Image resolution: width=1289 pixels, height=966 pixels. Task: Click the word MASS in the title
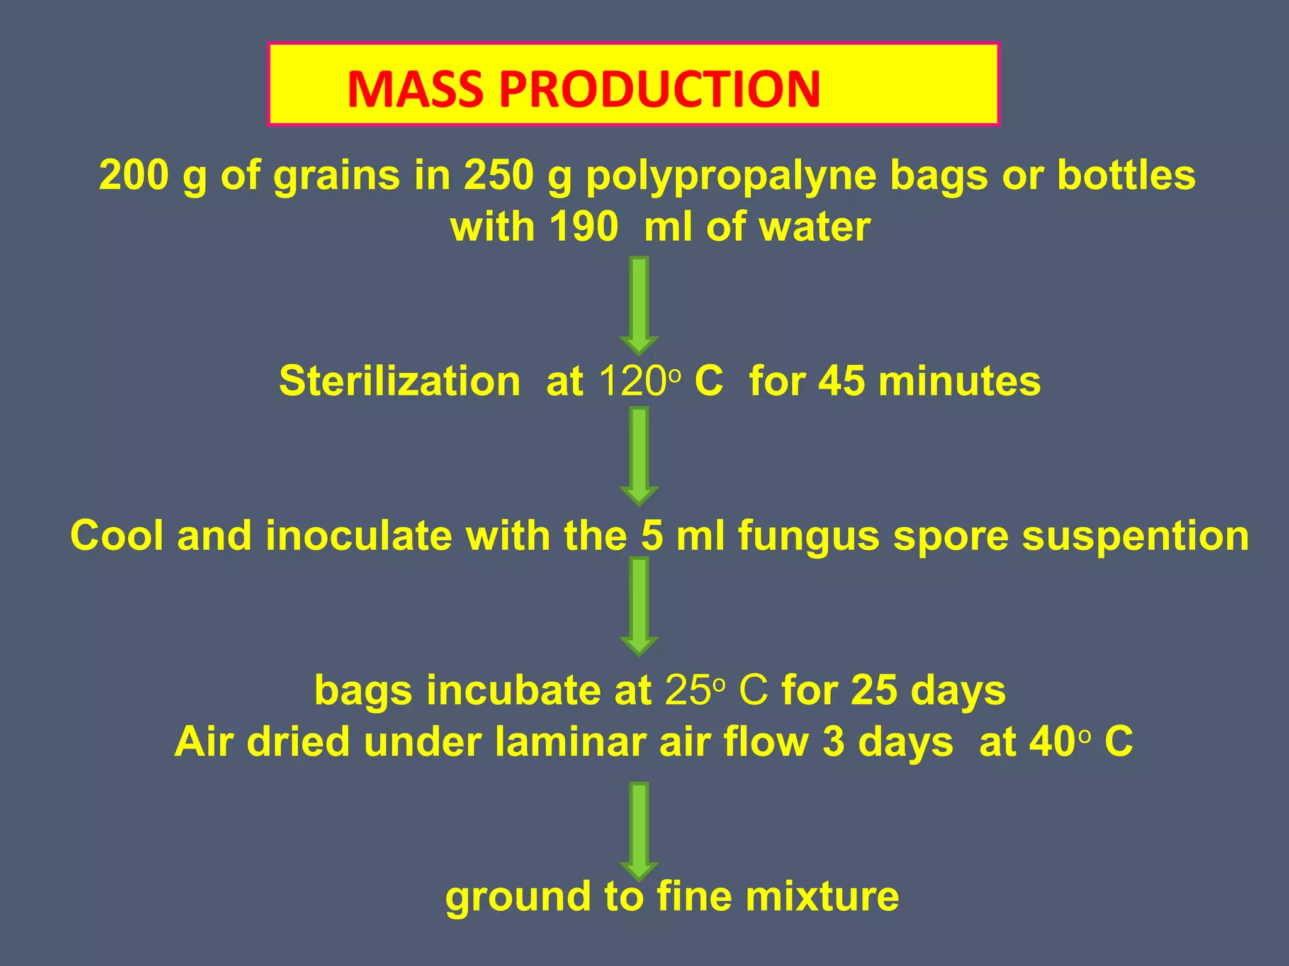(x=416, y=89)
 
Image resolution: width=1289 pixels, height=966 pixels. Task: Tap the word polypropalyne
(x=731, y=176)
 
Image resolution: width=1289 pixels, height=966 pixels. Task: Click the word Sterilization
(x=400, y=381)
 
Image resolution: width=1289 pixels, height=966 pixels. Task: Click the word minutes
(x=959, y=381)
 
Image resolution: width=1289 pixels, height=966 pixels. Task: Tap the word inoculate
(x=359, y=536)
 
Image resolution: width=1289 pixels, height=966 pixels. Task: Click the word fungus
(x=809, y=537)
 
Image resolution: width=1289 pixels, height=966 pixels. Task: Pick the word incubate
(x=513, y=691)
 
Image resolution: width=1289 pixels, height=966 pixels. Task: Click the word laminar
(x=570, y=742)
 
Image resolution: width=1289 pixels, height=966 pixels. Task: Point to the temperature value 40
(x=1052, y=742)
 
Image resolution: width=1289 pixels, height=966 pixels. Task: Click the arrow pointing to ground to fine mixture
(x=639, y=830)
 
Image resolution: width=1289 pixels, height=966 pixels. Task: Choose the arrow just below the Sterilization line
(x=639, y=456)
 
